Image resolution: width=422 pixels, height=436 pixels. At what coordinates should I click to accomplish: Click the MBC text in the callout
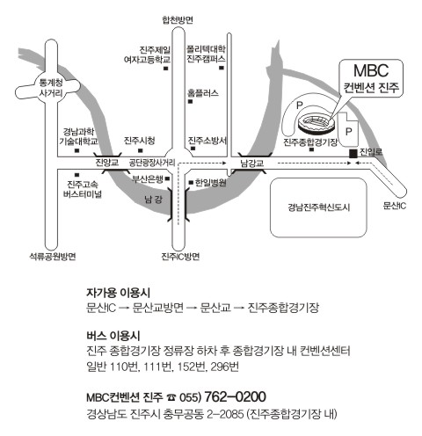point(371,70)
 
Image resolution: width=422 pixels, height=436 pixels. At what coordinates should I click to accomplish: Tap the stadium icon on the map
point(316,124)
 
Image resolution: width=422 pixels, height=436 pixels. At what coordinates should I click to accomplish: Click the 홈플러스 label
point(203,93)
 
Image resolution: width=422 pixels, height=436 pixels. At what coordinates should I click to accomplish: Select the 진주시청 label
point(140,141)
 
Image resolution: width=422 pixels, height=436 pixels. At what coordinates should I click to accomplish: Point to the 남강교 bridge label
point(252,163)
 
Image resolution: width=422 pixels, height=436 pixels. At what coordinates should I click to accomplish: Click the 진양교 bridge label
point(107,163)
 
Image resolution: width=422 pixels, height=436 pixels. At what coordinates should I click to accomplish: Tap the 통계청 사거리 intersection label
point(51,88)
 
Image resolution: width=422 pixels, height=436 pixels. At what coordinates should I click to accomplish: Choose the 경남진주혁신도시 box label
point(318,207)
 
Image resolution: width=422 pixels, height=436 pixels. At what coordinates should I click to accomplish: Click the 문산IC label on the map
point(395,206)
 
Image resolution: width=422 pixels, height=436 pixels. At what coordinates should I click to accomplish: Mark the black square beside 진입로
point(353,153)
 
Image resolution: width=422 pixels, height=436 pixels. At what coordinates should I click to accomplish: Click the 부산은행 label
point(147,179)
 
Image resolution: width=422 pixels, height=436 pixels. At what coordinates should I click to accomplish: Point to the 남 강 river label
point(153,200)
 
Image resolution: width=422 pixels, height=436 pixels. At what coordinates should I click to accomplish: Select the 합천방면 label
point(178,20)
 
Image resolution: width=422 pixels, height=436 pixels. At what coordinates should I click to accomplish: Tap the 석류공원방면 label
point(53,257)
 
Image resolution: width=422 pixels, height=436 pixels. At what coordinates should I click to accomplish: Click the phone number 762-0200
point(235,396)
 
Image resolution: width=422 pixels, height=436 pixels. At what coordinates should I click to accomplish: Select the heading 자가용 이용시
point(118,293)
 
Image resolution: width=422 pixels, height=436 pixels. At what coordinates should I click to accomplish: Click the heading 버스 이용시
point(113,336)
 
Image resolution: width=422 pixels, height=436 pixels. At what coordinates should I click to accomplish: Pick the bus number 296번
point(225,367)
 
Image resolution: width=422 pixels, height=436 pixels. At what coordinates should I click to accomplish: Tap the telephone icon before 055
point(171,397)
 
